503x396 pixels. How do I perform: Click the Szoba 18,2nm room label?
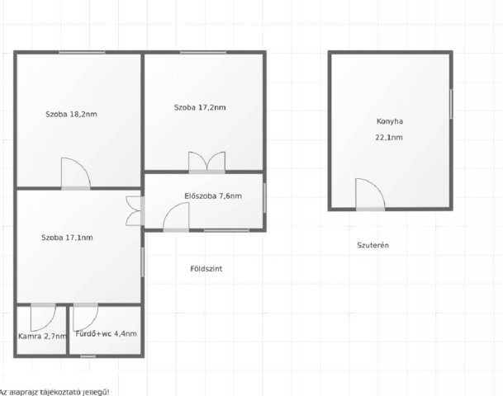(71, 114)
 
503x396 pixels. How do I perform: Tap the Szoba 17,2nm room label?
(200, 107)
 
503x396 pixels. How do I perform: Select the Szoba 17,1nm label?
(67, 238)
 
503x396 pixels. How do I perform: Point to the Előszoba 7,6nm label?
(213, 196)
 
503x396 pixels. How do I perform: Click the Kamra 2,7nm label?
(42, 336)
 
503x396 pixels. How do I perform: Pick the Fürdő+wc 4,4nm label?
(107, 333)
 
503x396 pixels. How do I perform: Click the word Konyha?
(390, 121)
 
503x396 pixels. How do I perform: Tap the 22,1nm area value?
(389, 137)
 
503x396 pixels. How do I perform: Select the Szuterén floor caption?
(373, 245)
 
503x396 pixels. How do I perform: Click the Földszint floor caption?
(206, 268)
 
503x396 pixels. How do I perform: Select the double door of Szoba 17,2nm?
(207, 161)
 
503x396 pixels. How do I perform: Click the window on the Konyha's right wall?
(451, 104)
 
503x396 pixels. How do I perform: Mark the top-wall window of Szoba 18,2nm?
(82, 52)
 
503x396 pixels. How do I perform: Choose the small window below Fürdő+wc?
(88, 356)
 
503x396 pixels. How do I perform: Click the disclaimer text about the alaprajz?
(54, 392)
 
